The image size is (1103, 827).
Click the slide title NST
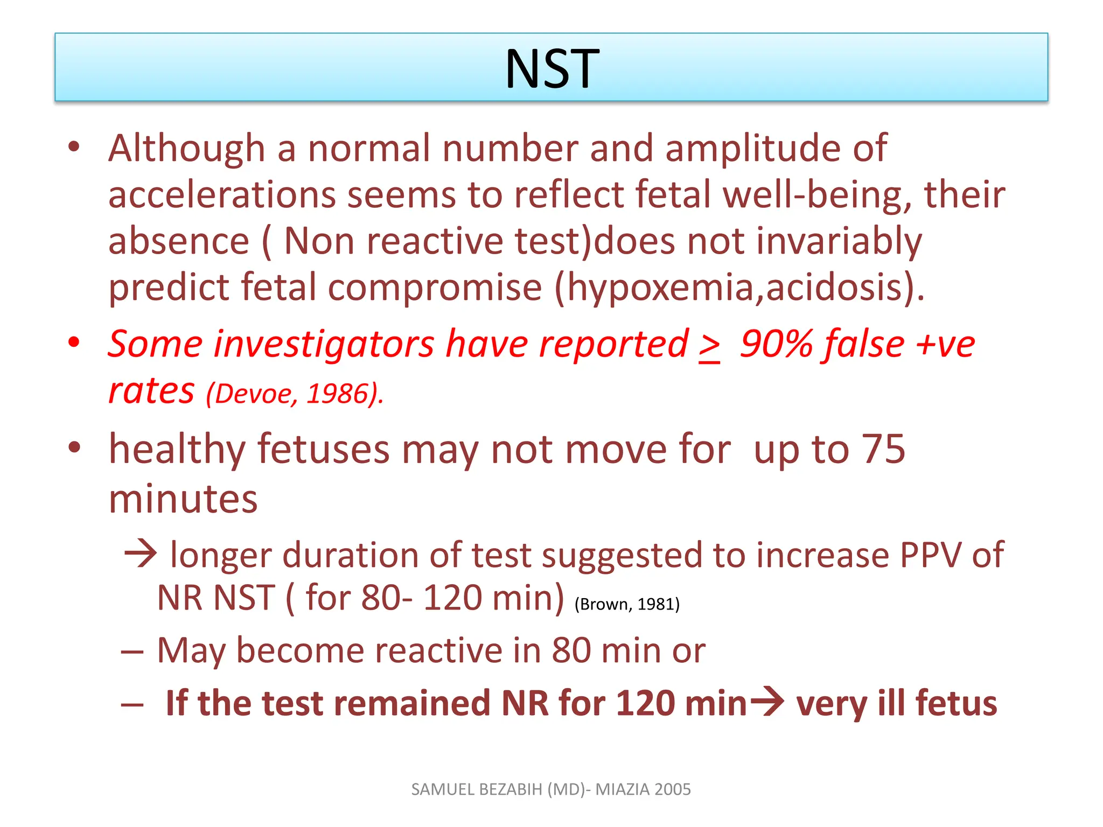[x=551, y=69]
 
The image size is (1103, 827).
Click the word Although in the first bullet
[x=186, y=148]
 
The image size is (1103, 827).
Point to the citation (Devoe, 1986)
[x=295, y=394]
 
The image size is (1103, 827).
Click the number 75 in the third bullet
[x=883, y=448]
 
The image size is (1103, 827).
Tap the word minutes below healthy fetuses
[x=183, y=499]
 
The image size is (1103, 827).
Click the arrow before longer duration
[x=140, y=553]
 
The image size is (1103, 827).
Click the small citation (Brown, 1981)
[x=627, y=604]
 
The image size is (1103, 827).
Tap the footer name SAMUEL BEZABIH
[x=477, y=789]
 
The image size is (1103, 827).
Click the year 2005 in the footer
[x=673, y=789]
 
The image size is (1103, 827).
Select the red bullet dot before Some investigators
[x=74, y=342]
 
